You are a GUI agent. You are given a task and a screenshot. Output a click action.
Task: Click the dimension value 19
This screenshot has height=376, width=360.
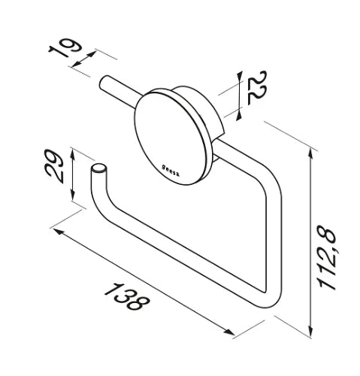pos(65,48)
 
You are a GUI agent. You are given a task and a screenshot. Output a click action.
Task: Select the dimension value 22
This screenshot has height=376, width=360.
pos(257,88)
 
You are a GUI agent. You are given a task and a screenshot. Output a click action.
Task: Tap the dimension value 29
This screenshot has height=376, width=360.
pos(53,166)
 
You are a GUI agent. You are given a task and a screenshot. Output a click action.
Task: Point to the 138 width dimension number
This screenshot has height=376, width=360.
pos(127,297)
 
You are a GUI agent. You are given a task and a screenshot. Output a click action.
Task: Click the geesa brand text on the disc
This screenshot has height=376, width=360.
pos(171,171)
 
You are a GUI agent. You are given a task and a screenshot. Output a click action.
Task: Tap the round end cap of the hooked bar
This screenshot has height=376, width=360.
pos(99,168)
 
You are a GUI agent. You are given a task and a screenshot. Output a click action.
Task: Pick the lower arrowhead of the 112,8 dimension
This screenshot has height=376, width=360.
pos(310,329)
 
